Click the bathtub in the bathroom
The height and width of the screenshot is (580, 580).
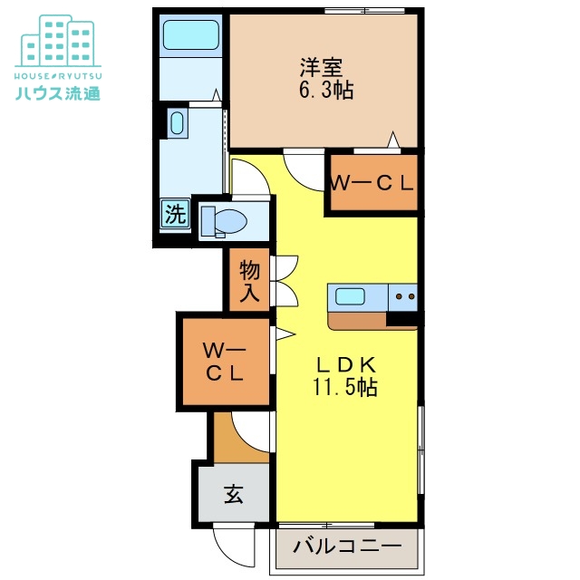click(191, 34)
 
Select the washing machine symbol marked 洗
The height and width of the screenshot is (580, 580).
click(175, 214)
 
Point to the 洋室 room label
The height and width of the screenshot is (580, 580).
click(321, 67)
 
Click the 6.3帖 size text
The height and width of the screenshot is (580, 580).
click(326, 90)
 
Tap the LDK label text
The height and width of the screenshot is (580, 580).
click(345, 365)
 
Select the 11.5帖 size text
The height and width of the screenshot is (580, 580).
click(345, 387)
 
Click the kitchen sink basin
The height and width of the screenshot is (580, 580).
click(350, 296)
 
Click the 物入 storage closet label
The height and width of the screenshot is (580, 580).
click(250, 281)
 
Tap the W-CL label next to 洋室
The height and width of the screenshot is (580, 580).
click(371, 183)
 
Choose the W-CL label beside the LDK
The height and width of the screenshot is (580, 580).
click(225, 362)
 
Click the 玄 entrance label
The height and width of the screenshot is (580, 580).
click(234, 494)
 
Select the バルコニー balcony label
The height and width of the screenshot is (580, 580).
click(347, 546)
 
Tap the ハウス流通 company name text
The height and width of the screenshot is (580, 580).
click(58, 92)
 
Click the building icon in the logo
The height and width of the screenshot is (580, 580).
click(58, 41)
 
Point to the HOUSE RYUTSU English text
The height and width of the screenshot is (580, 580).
click(58, 76)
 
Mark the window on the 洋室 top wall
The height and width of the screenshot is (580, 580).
click(364, 11)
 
